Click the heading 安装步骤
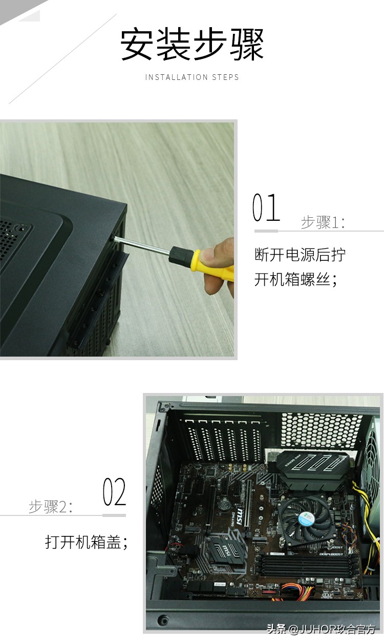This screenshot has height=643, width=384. pyautogui.click(x=192, y=45)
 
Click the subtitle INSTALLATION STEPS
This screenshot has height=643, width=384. pyautogui.click(x=192, y=77)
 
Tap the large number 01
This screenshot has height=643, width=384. pyautogui.click(x=266, y=208)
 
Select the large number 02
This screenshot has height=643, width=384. pyautogui.click(x=114, y=492)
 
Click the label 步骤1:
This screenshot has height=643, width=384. pyautogui.click(x=323, y=222)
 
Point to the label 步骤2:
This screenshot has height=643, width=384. pyautogui.click(x=51, y=507)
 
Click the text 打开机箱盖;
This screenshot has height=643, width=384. pyautogui.click(x=86, y=542)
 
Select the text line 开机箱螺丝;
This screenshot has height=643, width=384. pyautogui.click(x=296, y=279)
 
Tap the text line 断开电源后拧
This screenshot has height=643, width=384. pyautogui.click(x=300, y=255)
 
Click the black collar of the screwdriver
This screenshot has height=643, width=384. pyautogui.click(x=179, y=253)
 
